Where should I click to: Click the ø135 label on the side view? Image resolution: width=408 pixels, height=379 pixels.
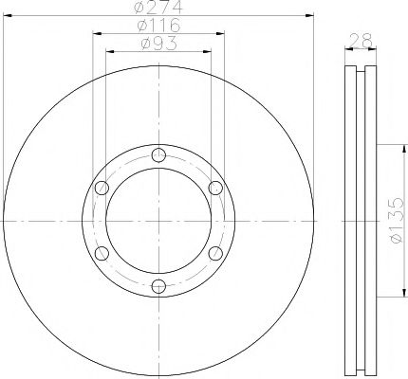(398, 222)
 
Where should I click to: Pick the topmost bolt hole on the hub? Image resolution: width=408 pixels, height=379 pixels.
(158, 156)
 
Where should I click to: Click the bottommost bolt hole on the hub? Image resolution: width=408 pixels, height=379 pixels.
(158, 285)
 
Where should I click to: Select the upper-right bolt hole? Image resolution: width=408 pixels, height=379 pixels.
(214, 188)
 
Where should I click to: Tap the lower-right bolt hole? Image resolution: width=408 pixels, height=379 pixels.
(214, 253)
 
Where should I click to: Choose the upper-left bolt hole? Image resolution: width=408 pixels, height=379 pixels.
(102, 188)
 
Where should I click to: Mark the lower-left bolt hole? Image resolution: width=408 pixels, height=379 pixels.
(102, 253)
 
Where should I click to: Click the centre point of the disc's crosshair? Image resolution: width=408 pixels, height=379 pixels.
(158, 221)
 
